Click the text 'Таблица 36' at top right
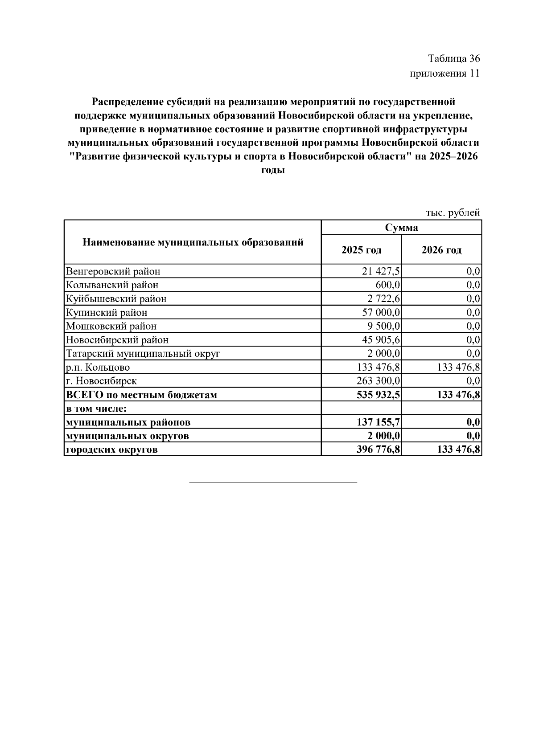tap(453, 58)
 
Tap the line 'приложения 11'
tap(444, 73)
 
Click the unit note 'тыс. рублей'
tap(453, 213)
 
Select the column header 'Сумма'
tap(401, 228)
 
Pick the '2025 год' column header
tap(361, 250)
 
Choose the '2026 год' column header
tap(441, 250)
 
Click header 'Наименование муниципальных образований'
tap(193, 242)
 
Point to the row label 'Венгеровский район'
tap(113, 271)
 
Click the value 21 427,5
tap(381, 271)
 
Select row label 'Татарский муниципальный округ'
tap(143, 354)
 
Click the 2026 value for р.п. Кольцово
tap(459, 368)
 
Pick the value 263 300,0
tap(379, 381)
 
